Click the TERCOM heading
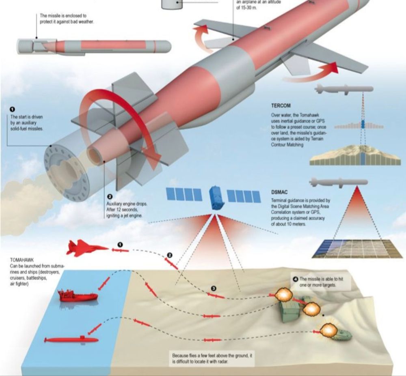pyautogui.click(x=281, y=105)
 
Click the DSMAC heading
pyautogui.click(x=279, y=192)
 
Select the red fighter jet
pyautogui.click(x=88, y=248)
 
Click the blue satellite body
pyautogui.click(x=216, y=197)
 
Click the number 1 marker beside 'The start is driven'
pyautogui.click(x=13, y=110)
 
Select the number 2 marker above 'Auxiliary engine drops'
pyautogui.click(x=110, y=197)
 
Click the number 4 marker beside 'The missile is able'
pyautogui.click(x=295, y=279)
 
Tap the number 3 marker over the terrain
pyautogui.click(x=214, y=289)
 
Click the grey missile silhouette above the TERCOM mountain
pyautogui.click(x=344, y=89)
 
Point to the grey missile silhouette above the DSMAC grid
pyautogui.click(x=339, y=182)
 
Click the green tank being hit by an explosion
pyautogui.click(x=342, y=335)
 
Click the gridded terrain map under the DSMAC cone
pyautogui.click(x=357, y=249)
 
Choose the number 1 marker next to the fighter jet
pyautogui.click(x=120, y=245)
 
